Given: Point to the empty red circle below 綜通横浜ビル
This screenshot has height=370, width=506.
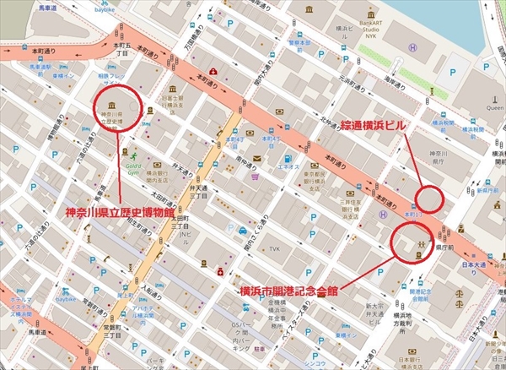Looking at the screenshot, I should point(430,199).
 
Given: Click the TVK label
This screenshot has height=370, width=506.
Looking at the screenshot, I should point(275,249).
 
